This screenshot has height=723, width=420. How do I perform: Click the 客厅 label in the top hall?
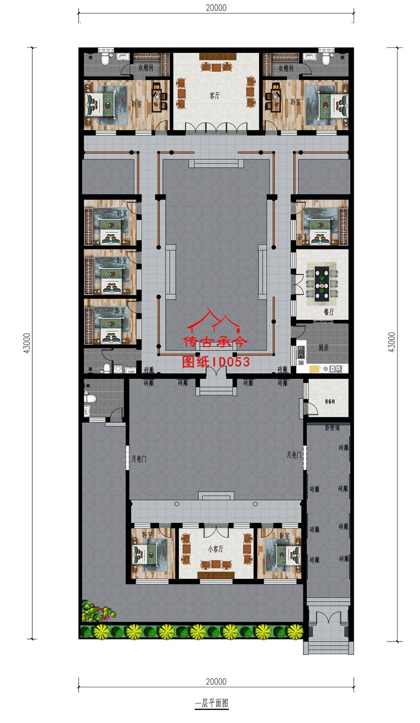[x=215, y=96]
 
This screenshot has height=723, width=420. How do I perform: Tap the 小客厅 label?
[x=215, y=549]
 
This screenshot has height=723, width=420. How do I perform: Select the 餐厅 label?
[x=329, y=312]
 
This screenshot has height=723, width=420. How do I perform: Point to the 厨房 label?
[x=323, y=348]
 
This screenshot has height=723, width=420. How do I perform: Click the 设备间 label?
[x=330, y=402]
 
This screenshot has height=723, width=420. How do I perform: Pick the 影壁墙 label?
[x=332, y=428]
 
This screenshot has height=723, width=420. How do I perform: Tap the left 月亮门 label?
[x=139, y=459]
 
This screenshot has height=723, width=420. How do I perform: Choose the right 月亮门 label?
[x=294, y=455]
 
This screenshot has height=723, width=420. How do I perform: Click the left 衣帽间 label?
[x=146, y=67]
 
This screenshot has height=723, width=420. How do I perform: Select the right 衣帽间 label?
[x=286, y=68]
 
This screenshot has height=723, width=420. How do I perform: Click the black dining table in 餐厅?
[x=322, y=283]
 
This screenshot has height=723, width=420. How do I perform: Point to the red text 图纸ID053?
[x=216, y=362]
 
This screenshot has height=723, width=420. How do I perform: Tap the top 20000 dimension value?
[x=216, y=8]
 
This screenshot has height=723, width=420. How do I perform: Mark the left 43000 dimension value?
[x=27, y=343]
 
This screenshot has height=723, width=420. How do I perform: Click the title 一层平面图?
[x=212, y=703]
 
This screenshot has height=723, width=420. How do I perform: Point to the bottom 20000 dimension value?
[x=216, y=681]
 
